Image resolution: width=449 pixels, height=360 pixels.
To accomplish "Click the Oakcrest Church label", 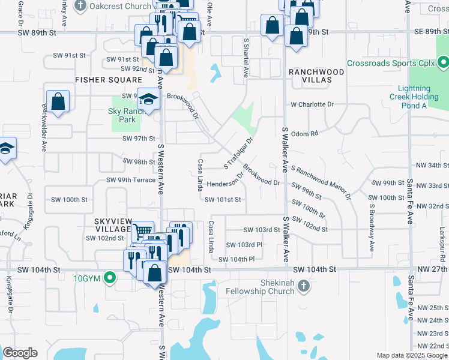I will pos(120,7).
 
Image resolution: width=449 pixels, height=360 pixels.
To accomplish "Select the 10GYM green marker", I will pos(109,278).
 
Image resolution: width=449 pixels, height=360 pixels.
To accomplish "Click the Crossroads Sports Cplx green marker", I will pos(443,62).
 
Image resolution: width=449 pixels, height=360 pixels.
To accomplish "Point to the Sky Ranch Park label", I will pos(123,115).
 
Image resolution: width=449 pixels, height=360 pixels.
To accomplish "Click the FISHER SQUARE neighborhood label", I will pos(108,79).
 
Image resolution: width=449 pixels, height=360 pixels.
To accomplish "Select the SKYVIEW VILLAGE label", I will pos(113,226).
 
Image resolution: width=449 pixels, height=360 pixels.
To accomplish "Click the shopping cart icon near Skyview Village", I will pos(142,231).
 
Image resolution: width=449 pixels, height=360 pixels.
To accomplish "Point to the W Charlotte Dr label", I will pos(312,104).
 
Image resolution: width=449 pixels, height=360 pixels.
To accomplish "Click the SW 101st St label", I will pos(223,200).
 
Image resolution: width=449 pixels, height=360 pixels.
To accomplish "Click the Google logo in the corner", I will pos(20,353).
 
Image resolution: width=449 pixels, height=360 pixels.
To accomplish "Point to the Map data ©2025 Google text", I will pos(412,355).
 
